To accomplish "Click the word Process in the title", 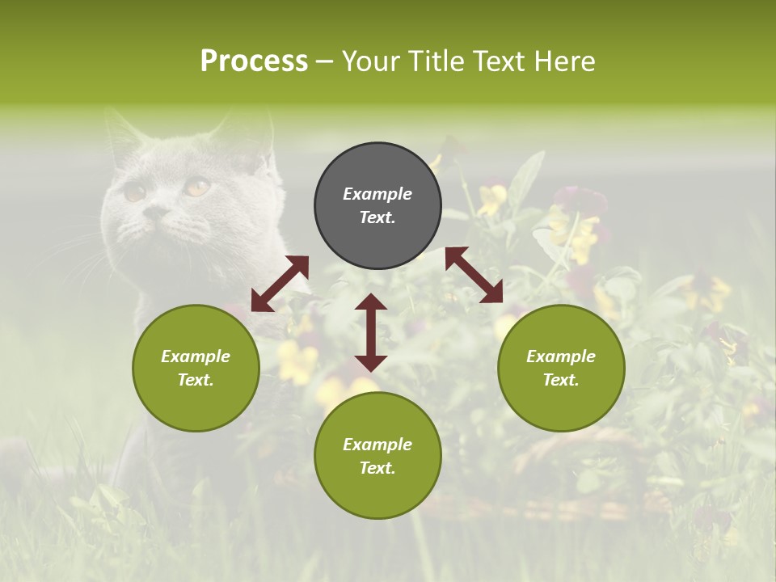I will tap(254, 61).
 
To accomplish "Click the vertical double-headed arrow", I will tap(371, 332).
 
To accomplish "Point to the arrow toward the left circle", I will tap(280, 284).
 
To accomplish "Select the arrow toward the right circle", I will tap(474, 275).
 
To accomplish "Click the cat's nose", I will tap(155, 213).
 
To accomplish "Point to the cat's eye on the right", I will tap(196, 188).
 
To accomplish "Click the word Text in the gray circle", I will tap(377, 217).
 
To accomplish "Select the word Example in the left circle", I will tap(196, 356).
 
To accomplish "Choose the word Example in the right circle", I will tap(561, 356).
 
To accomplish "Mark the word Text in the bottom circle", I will tap(377, 468).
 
